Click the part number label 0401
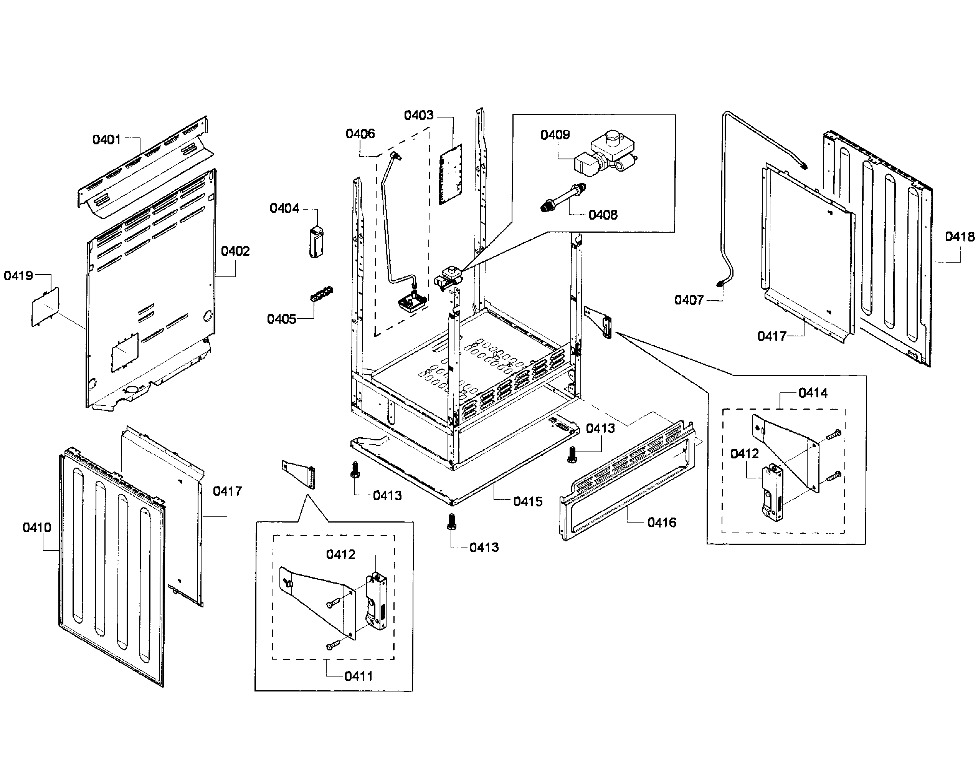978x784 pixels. pyautogui.click(x=107, y=140)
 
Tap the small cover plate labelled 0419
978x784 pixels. pyautogui.click(x=45, y=306)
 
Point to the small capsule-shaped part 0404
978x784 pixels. pyautogui.click(x=316, y=242)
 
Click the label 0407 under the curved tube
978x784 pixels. pyautogui.click(x=689, y=300)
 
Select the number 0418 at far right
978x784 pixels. pyautogui.click(x=960, y=237)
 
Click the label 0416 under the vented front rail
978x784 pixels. pyautogui.click(x=661, y=523)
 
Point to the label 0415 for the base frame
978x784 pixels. pyautogui.click(x=527, y=502)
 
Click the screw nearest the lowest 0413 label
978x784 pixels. pyautogui.click(x=451, y=521)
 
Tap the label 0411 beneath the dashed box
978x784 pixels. pyautogui.click(x=358, y=676)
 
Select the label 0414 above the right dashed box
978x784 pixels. pyautogui.click(x=813, y=393)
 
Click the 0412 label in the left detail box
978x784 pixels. pyautogui.click(x=341, y=554)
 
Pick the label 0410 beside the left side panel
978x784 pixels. pyautogui.click(x=37, y=528)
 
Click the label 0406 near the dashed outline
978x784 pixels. pyautogui.click(x=360, y=134)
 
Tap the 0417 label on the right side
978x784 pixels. pyautogui.click(x=771, y=336)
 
